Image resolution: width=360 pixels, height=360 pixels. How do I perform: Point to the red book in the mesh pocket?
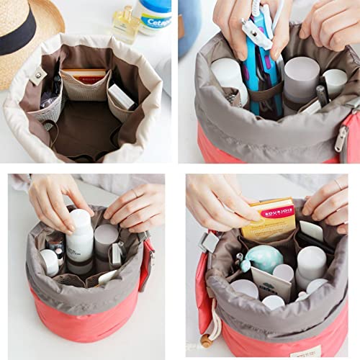pyautogui.click(x=84, y=77)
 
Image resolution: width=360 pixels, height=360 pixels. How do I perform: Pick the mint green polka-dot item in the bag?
pyautogui.click(x=263, y=258)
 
